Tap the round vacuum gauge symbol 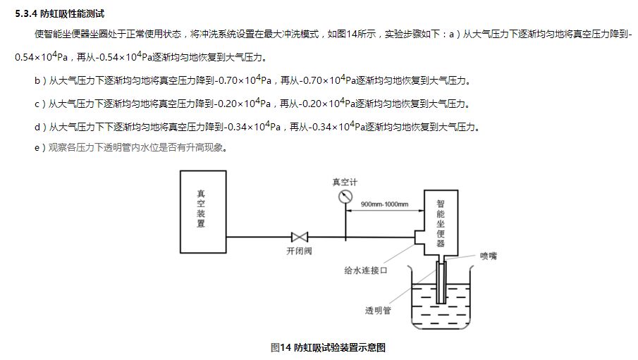pos(345,197)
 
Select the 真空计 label pos(345,182)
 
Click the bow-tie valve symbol pos(300,237)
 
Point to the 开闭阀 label pos(299,251)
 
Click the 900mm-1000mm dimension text pos(384,204)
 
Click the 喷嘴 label pos(489,256)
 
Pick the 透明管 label pos(378,309)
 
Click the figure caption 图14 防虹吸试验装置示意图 pos(328,347)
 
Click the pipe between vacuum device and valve pos(257,237)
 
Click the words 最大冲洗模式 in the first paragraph pos(295,34)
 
